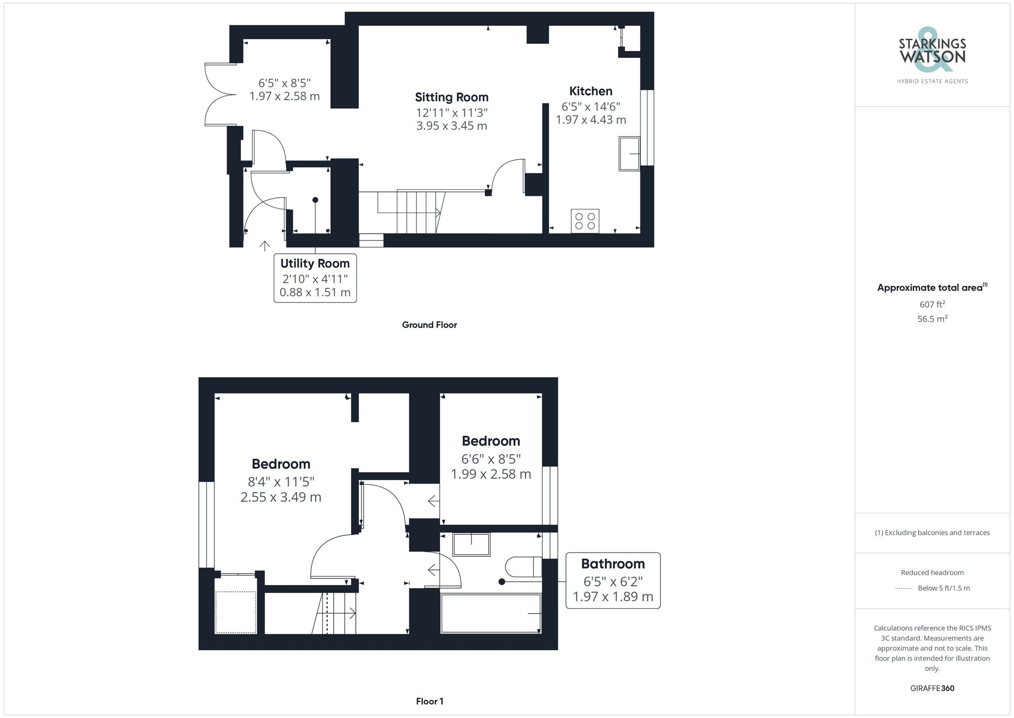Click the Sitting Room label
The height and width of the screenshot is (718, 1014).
451,97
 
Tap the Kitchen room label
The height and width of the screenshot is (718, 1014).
591,91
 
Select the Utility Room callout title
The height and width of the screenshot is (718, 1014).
315,264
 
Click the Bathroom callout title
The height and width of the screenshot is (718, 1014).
612,564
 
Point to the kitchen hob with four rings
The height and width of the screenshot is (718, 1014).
585,221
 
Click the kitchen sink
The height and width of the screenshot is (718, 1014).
629,153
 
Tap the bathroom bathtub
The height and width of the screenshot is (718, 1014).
491,613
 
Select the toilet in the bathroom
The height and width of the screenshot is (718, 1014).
523,567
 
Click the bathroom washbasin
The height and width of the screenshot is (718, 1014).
471,544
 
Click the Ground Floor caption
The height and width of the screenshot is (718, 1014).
429,325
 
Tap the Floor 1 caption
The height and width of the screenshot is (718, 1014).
429,701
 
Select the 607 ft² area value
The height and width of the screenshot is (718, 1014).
932,304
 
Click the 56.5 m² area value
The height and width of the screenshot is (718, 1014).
932,319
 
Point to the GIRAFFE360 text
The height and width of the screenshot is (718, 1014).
932,688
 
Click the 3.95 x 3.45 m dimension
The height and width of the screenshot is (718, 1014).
451,126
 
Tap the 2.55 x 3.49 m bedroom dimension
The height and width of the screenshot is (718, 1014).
281,497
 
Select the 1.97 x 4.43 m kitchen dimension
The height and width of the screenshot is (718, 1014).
591,120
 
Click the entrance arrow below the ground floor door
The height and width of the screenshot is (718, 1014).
265,246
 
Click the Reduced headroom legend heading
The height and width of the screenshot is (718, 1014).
932,572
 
